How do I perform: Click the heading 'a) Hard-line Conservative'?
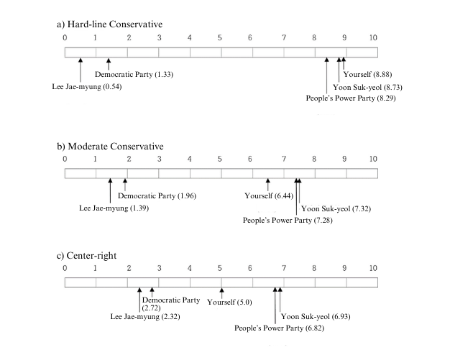click(109, 24)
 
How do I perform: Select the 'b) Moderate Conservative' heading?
click(110, 147)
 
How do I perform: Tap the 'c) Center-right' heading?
click(86, 256)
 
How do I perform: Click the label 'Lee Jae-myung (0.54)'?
click(87, 87)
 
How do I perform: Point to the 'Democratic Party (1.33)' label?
click(134, 75)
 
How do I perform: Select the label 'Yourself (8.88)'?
click(367, 75)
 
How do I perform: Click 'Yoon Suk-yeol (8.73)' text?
click(367, 87)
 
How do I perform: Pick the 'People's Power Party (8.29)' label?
click(351, 98)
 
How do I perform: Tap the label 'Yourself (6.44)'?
click(269, 196)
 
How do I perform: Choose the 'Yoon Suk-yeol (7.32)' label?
click(336, 209)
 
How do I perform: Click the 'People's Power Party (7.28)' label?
click(288, 221)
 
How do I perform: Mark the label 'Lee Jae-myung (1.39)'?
click(114, 208)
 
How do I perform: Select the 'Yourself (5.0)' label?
click(229, 302)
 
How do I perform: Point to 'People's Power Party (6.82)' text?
click(279, 328)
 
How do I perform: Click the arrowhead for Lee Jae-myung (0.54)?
click(81, 60)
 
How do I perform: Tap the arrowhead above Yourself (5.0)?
click(221, 290)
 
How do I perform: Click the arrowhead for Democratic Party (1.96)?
click(125, 180)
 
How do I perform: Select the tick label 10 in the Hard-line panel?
click(373, 37)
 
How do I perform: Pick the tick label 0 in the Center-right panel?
click(65, 268)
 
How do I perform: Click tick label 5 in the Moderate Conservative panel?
click(220, 159)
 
